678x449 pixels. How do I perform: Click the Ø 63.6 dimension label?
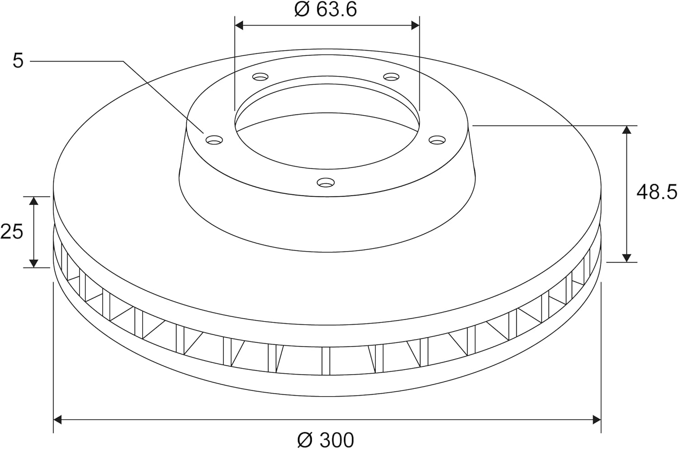tap(326, 10)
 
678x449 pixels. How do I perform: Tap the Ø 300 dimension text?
tap(326, 440)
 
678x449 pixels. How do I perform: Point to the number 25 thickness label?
tap(11, 232)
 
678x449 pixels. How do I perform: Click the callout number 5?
tap(18, 61)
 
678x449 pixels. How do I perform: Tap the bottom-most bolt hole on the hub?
tap(326, 182)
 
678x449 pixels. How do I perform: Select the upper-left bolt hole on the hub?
tap(260, 77)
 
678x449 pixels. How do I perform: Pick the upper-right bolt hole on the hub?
tap(391, 77)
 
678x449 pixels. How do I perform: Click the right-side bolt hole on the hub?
tap(438, 140)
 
